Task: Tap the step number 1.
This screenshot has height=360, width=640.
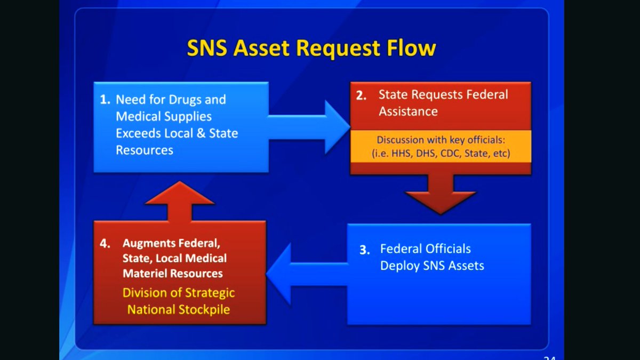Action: click(106, 100)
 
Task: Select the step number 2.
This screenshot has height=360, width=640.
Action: click(362, 96)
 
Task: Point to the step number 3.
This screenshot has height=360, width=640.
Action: click(365, 250)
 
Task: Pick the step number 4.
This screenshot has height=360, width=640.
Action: click(105, 243)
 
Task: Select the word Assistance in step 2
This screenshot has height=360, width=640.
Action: click(408, 111)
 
